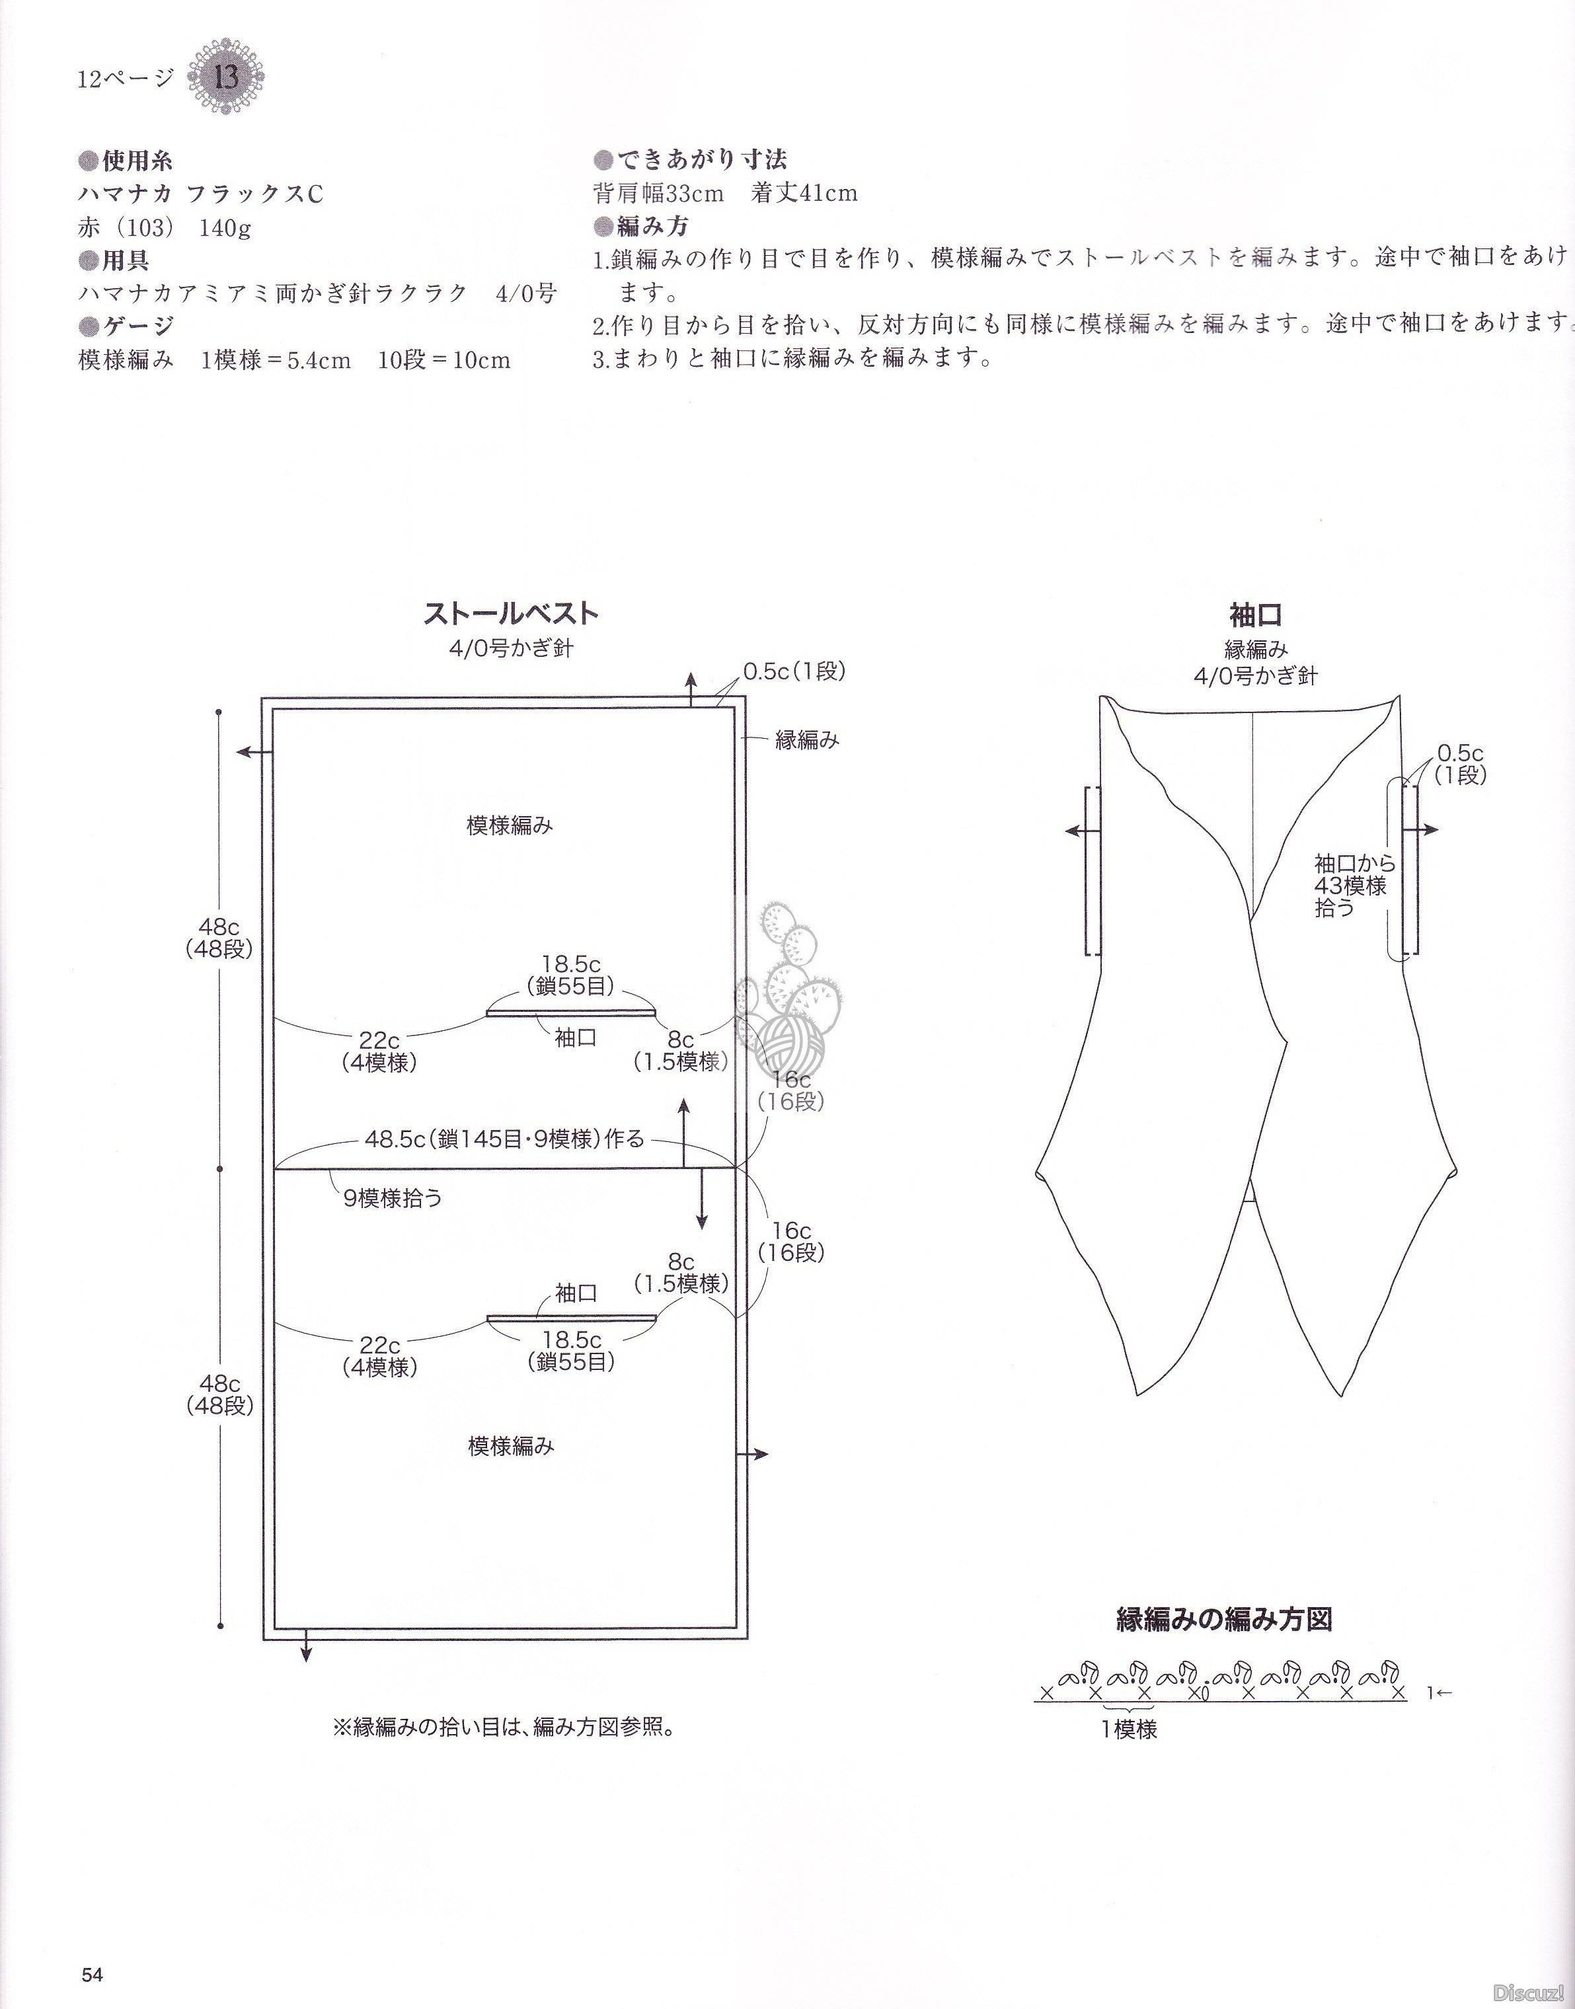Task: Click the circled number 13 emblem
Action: click(226, 77)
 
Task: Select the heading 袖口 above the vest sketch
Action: click(1256, 615)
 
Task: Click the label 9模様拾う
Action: click(394, 1199)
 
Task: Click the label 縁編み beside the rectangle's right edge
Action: click(807, 739)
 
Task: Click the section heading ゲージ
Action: click(126, 325)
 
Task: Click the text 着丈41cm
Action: click(804, 193)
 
